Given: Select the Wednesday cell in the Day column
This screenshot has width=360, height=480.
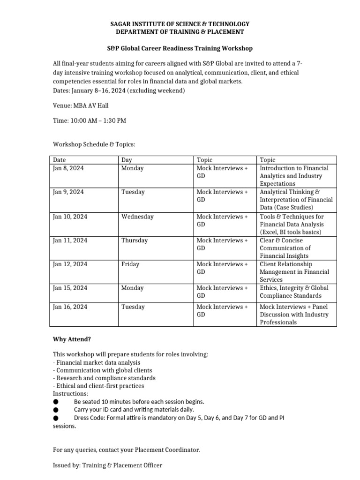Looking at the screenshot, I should pyautogui.click(x=137, y=217).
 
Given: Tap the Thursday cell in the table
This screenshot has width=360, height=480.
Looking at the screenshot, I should pyautogui.click(x=135, y=240).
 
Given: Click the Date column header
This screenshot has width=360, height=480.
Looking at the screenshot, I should pyautogui.click(x=60, y=160).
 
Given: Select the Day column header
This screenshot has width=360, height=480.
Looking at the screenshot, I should pyautogui.click(x=127, y=160).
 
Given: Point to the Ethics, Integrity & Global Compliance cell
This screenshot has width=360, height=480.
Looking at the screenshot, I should pyautogui.click(x=294, y=292).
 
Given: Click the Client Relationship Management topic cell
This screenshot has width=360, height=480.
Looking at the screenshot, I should pyautogui.click(x=294, y=272).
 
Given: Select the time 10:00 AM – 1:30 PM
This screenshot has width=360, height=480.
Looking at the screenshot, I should pyautogui.click(x=89, y=120).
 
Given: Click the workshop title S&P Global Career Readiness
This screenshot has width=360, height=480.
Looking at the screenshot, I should pyautogui.click(x=180, y=48).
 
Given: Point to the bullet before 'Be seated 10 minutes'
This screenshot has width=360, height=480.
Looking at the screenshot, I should pyautogui.click(x=56, y=402).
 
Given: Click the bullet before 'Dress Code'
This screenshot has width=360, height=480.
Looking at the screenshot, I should pyautogui.click(x=56, y=417).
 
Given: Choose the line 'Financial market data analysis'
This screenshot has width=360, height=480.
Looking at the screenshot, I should pyautogui.click(x=97, y=362).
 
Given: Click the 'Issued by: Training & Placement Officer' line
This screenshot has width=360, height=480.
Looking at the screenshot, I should pyautogui.click(x=108, y=465).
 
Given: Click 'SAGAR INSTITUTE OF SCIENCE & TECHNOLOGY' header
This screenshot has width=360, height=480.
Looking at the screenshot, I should pyautogui.click(x=180, y=24).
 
